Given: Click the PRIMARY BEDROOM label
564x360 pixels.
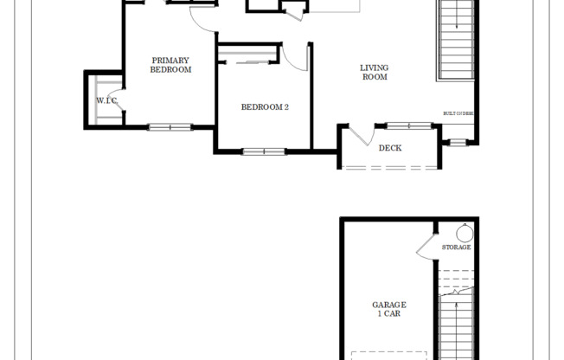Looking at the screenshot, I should [170, 65].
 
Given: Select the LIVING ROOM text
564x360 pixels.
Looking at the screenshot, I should [375, 72].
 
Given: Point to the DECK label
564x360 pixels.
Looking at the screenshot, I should [390, 147].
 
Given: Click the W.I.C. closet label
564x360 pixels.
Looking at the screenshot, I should [106, 100].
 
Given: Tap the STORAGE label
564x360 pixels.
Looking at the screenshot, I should [456, 247].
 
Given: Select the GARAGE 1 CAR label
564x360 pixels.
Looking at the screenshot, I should [389, 310].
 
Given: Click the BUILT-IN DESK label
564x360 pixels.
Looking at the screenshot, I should [458, 113].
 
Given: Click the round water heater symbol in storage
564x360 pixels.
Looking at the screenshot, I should [464, 233].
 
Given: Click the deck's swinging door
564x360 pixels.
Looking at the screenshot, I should [360, 136].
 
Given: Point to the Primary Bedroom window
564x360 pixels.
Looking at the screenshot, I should [170, 128].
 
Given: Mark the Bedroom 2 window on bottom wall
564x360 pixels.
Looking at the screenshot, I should [264, 151].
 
